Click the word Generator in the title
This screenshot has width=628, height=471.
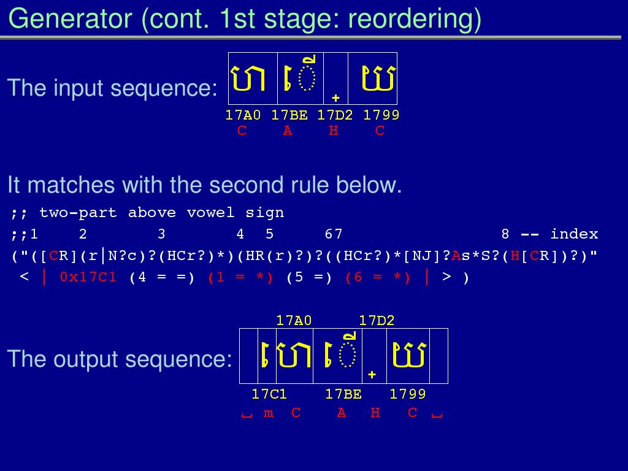coord(70,18)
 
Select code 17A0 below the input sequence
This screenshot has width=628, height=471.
coord(243,115)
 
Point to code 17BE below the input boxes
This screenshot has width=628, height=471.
coord(289,115)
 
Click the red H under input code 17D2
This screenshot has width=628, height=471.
coord(334,131)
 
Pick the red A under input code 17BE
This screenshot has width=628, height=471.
coord(288,131)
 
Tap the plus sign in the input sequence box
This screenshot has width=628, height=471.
coord(335,98)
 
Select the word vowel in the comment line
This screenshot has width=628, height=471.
coord(211,212)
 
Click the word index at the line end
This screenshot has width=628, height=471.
coord(574,234)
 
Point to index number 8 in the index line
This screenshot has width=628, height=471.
coord(505,234)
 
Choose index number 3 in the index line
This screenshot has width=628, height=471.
coord(161,234)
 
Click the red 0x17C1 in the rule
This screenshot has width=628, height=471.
coord(88,277)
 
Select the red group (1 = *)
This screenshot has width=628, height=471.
coord(240,278)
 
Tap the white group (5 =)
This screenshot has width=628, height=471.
coord(309,278)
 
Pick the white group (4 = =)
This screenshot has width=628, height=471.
coord(162,278)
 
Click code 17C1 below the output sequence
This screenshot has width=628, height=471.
coord(269,394)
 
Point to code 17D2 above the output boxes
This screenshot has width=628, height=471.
coord(377,320)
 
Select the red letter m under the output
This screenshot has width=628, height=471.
coord(269,413)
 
